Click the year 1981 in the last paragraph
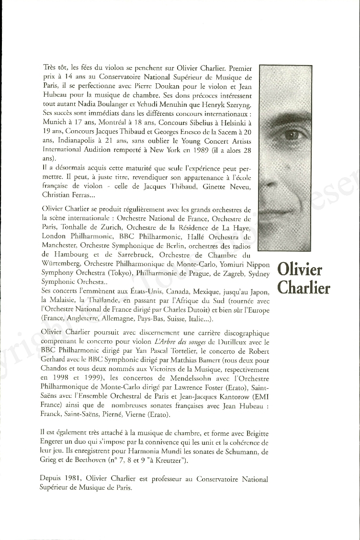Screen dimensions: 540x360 72,479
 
